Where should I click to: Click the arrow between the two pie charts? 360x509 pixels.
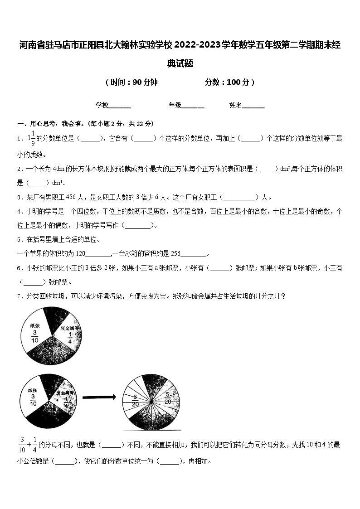click(98, 398)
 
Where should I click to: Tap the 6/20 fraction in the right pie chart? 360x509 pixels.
click(135, 400)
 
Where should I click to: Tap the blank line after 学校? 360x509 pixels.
click(120, 106)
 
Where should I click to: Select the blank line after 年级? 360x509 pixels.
click(193, 106)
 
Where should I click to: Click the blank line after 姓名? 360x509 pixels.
click(253, 106)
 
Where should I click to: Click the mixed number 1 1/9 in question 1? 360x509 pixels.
click(31, 138)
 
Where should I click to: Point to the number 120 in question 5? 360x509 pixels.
click(81, 254)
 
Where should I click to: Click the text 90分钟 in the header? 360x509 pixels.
click(144, 82)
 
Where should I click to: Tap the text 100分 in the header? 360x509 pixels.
click(238, 82)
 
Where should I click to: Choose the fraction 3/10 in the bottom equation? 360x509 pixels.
click(22, 445)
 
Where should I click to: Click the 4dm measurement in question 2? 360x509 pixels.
click(58, 169)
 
